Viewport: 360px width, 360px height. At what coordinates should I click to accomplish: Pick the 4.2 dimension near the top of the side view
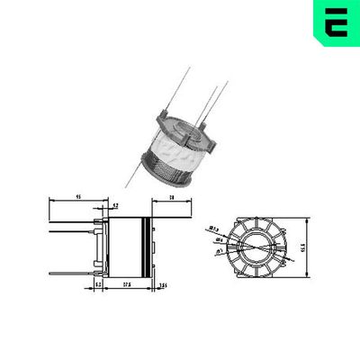click(x=115, y=206)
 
